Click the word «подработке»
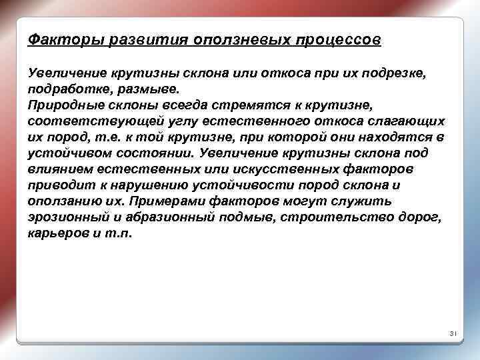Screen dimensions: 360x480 tap(66, 89)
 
